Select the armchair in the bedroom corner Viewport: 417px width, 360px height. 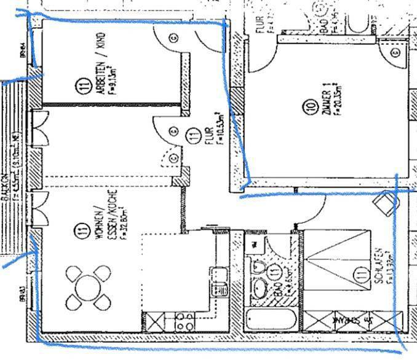pyautogui.click(x=385, y=203)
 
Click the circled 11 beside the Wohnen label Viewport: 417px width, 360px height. pyautogui.click(x=81, y=231)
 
